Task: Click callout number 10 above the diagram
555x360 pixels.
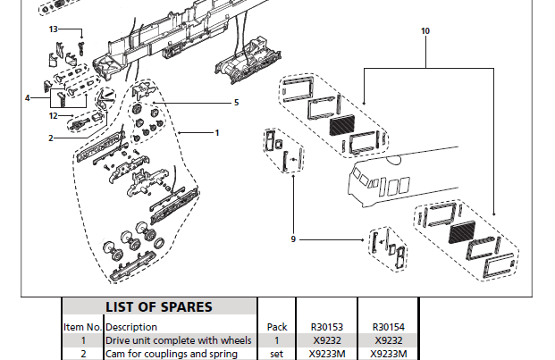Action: [425, 30]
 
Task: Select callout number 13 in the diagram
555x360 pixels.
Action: [54, 29]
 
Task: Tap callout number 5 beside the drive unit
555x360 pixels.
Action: [236, 103]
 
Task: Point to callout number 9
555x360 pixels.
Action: [293, 239]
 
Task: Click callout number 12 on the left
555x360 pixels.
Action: [54, 115]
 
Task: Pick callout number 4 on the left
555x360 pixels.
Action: [28, 97]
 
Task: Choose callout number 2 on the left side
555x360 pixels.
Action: [51, 138]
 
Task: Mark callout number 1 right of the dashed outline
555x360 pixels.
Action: [216, 132]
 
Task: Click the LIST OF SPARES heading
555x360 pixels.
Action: [159, 306]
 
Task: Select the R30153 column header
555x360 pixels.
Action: [326, 327]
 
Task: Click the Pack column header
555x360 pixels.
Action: [277, 327]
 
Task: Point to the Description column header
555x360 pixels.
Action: [131, 327]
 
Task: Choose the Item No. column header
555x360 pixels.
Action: [82, 327]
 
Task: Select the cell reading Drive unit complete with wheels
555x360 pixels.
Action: [178, 340]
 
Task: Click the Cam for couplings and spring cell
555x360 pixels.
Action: [172, 354]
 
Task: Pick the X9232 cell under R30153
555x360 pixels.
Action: [326, 340]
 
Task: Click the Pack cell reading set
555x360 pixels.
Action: [277, 354]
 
